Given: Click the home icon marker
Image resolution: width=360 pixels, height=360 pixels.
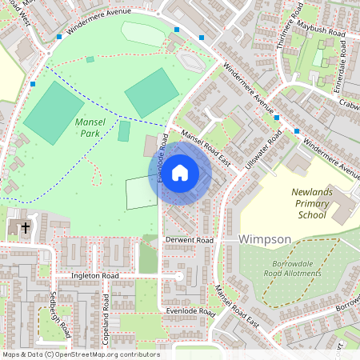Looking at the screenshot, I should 180,173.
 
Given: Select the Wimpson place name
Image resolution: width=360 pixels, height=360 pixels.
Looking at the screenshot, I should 266,239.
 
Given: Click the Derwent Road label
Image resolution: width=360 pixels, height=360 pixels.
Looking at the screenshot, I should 190,240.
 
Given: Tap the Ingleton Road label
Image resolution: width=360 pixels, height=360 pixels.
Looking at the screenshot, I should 94,275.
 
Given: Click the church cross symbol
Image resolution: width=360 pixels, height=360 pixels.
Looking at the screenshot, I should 25,228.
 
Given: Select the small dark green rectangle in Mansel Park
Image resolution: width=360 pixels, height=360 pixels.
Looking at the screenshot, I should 124,130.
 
